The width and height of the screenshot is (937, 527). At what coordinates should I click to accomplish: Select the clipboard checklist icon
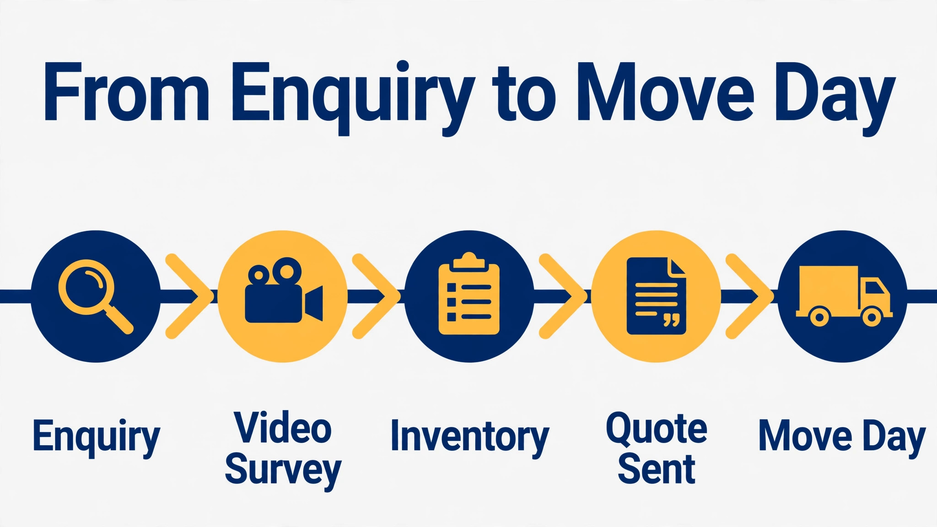[469, 293]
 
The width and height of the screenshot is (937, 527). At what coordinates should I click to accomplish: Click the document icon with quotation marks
[656, 296]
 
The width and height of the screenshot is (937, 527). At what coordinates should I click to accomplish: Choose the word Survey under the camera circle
[283, 471]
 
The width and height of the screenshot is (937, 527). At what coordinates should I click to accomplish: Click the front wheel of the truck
[872, 317]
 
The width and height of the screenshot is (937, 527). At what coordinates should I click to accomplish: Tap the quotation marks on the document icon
[671, 320]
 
